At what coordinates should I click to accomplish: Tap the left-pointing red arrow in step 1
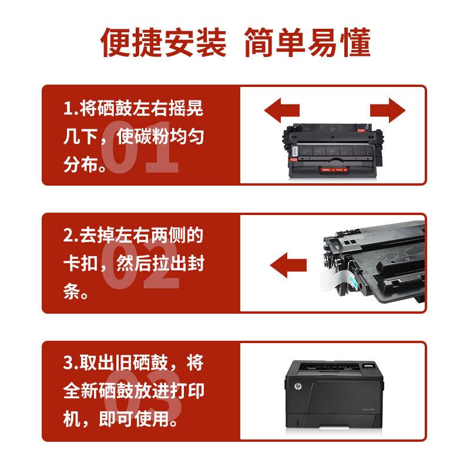[281, 110]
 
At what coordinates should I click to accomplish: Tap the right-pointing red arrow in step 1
[388, 110]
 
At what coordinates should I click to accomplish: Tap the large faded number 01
[139, 152]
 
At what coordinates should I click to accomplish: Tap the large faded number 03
[139, 397]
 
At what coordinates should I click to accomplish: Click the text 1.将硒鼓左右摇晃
[133, 110]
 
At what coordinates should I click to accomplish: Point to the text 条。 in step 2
[76, 291]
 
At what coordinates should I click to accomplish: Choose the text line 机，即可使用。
[120, 418]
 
